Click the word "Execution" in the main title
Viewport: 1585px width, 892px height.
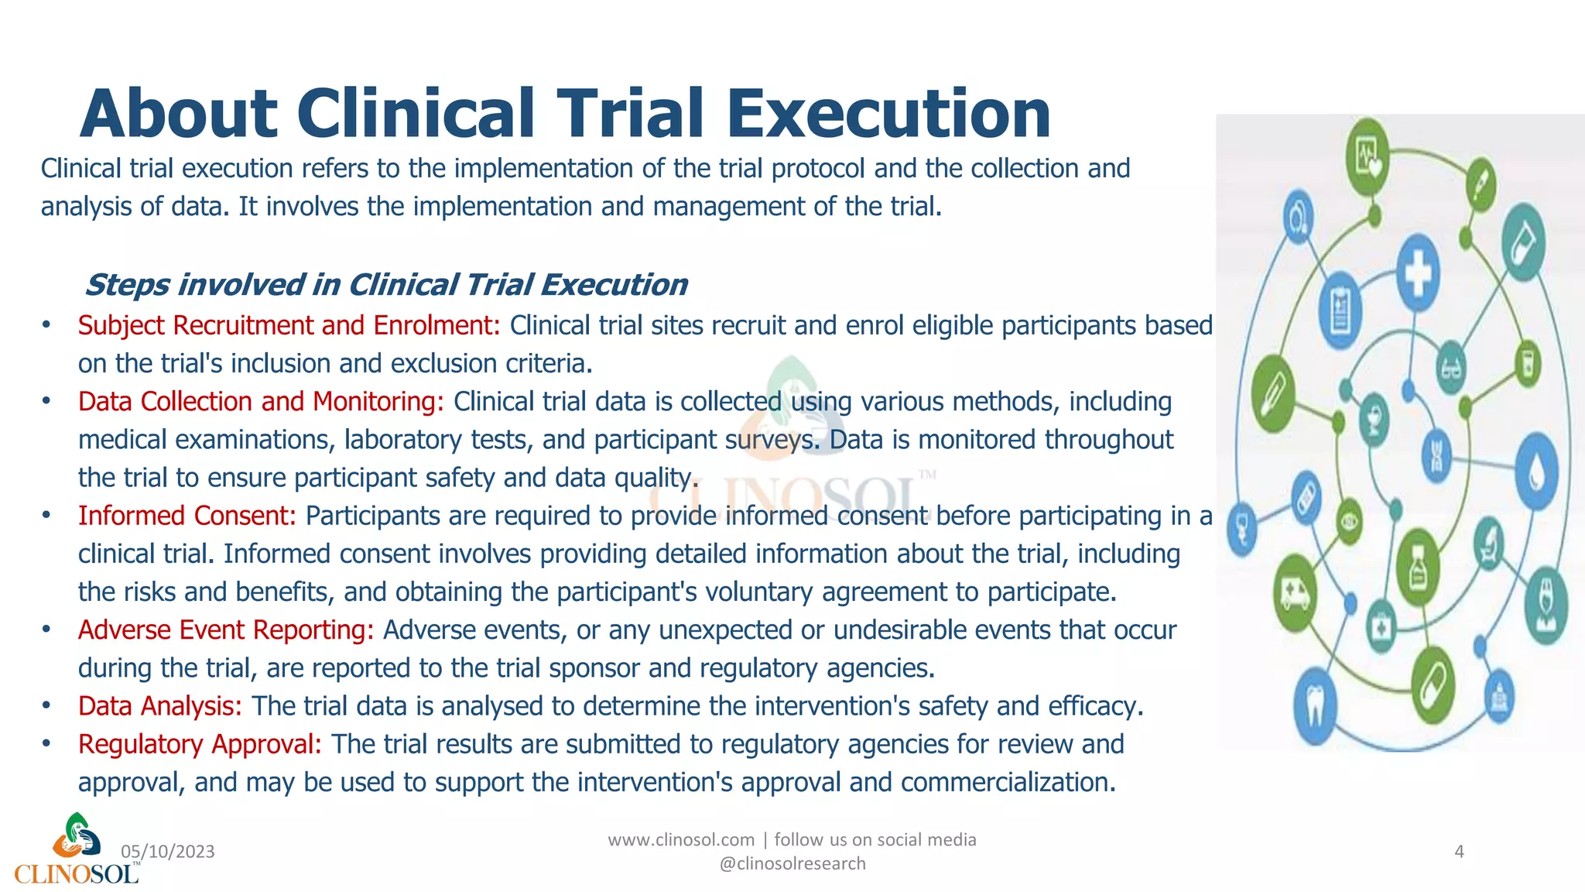pos(888,113)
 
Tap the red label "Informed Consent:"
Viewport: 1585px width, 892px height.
pos(187,516)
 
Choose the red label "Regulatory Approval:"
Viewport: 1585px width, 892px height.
pos(200,744)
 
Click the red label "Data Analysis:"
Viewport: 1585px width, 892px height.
pos(160,706)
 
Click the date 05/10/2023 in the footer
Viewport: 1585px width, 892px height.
pos(168,852)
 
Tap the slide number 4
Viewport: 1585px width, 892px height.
pos(1459,852)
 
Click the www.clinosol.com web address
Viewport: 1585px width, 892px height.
pos(681,840)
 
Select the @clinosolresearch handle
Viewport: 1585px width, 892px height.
pos(792,863)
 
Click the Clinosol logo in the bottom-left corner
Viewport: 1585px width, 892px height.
pos(76,850)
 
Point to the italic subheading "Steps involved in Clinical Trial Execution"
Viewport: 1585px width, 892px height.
pos(386,285)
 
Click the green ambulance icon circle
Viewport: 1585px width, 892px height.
pos(1296,594)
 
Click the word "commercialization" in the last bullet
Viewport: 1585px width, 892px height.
pos(1008,783)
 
